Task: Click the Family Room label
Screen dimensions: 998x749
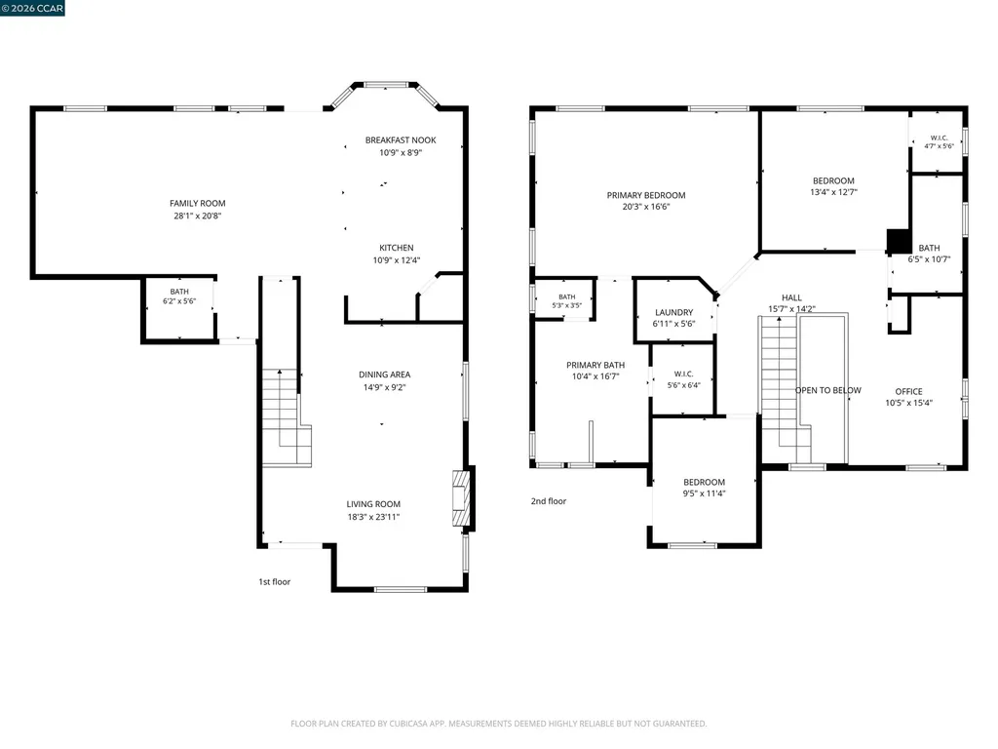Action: tap(197, 203)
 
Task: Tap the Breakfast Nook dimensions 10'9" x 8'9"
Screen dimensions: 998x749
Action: tap(401, 153)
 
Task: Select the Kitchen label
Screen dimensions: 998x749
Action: tap(397, 248)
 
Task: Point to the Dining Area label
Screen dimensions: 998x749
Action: tap(384, 374)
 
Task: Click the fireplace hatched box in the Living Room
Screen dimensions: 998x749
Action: tap(461, 498)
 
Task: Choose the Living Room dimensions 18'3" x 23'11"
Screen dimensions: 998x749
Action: tap(373, 517)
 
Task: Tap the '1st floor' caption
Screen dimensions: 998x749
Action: tap(274, 581)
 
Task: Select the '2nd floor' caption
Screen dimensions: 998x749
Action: tap(549, 501)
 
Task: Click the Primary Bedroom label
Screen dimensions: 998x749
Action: tap(646, 195)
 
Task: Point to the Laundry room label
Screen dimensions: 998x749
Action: tap(674, 313)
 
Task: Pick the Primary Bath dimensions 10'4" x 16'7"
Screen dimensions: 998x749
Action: tap(595, 376)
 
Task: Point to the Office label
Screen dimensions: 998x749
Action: tap(909, 392)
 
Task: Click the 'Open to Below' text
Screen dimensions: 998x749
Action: tap(828, 390)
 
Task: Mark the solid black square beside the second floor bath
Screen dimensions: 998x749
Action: tap(898, 242)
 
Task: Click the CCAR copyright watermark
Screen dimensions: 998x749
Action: tap(32, 8)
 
